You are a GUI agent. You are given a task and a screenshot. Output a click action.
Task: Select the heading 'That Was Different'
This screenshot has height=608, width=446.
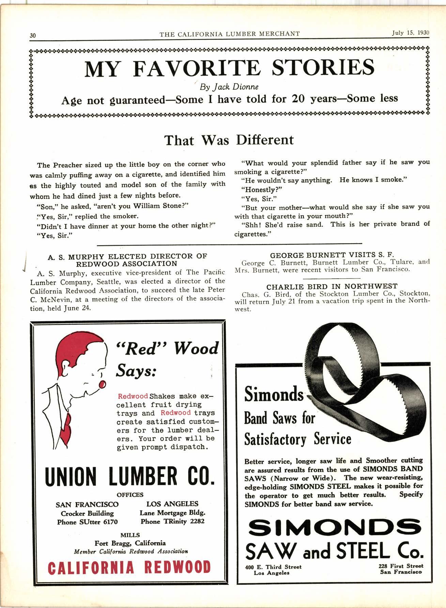coord(229,140)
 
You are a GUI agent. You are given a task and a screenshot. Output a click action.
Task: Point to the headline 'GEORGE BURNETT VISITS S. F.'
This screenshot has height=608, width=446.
coord(332,255)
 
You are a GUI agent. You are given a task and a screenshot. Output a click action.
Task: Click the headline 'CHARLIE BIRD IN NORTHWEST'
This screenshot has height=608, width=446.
coord(332,286)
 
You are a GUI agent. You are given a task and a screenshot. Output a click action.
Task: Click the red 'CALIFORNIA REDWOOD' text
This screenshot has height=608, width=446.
coord(130,567)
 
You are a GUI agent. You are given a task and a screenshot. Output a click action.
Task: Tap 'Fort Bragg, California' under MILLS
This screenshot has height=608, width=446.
coord(130,543)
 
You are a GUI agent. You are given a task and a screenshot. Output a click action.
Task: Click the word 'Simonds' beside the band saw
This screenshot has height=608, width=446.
coord(274,395)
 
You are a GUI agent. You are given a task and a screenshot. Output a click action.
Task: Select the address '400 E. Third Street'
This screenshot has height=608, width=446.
coord(273,567)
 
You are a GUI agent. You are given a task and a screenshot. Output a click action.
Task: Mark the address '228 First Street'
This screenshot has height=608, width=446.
coord(401,566)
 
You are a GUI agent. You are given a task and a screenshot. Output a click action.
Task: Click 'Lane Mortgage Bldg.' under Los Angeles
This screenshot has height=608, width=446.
coord(172,513)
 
